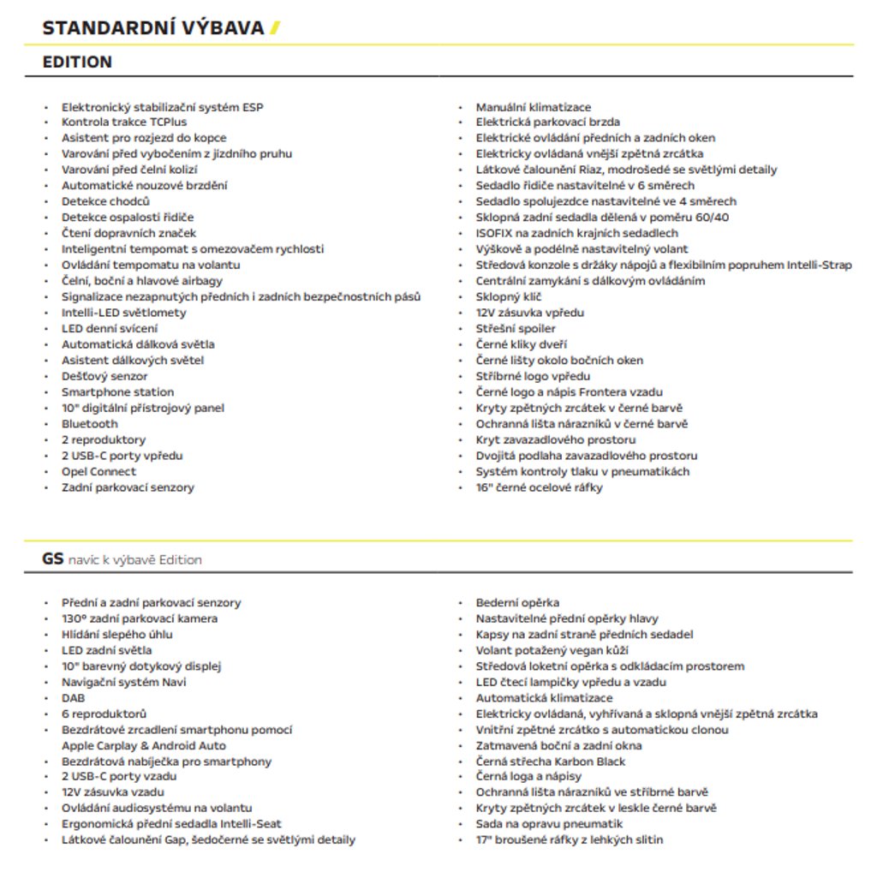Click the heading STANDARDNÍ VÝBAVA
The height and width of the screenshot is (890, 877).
(x=153, y=28)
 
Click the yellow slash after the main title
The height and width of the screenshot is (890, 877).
(x=275, y=28)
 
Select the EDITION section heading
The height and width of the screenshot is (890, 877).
(x=77, y=62)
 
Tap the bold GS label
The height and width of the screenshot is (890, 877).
(x=52, y=559)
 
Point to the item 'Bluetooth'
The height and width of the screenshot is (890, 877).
(x=89, y=424)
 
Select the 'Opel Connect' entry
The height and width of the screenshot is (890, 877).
(x=98, y=471)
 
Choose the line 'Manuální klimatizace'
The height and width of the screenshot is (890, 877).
(x=534, y=107)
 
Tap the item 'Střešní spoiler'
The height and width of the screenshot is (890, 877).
(x=516, y=328)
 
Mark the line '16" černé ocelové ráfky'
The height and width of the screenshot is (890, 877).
(x=540, y=487)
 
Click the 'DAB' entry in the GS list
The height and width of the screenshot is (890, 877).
(x=73, y=698)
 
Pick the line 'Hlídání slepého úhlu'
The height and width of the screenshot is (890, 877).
(x=116, y=635)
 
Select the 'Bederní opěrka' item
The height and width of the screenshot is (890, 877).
(x=517, y=603)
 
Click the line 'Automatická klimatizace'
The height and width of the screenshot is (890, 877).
(x=544, y=698)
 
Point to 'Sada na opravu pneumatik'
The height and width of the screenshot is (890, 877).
(x=549, y=824)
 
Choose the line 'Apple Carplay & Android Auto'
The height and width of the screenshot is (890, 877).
(x=144, y=746)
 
